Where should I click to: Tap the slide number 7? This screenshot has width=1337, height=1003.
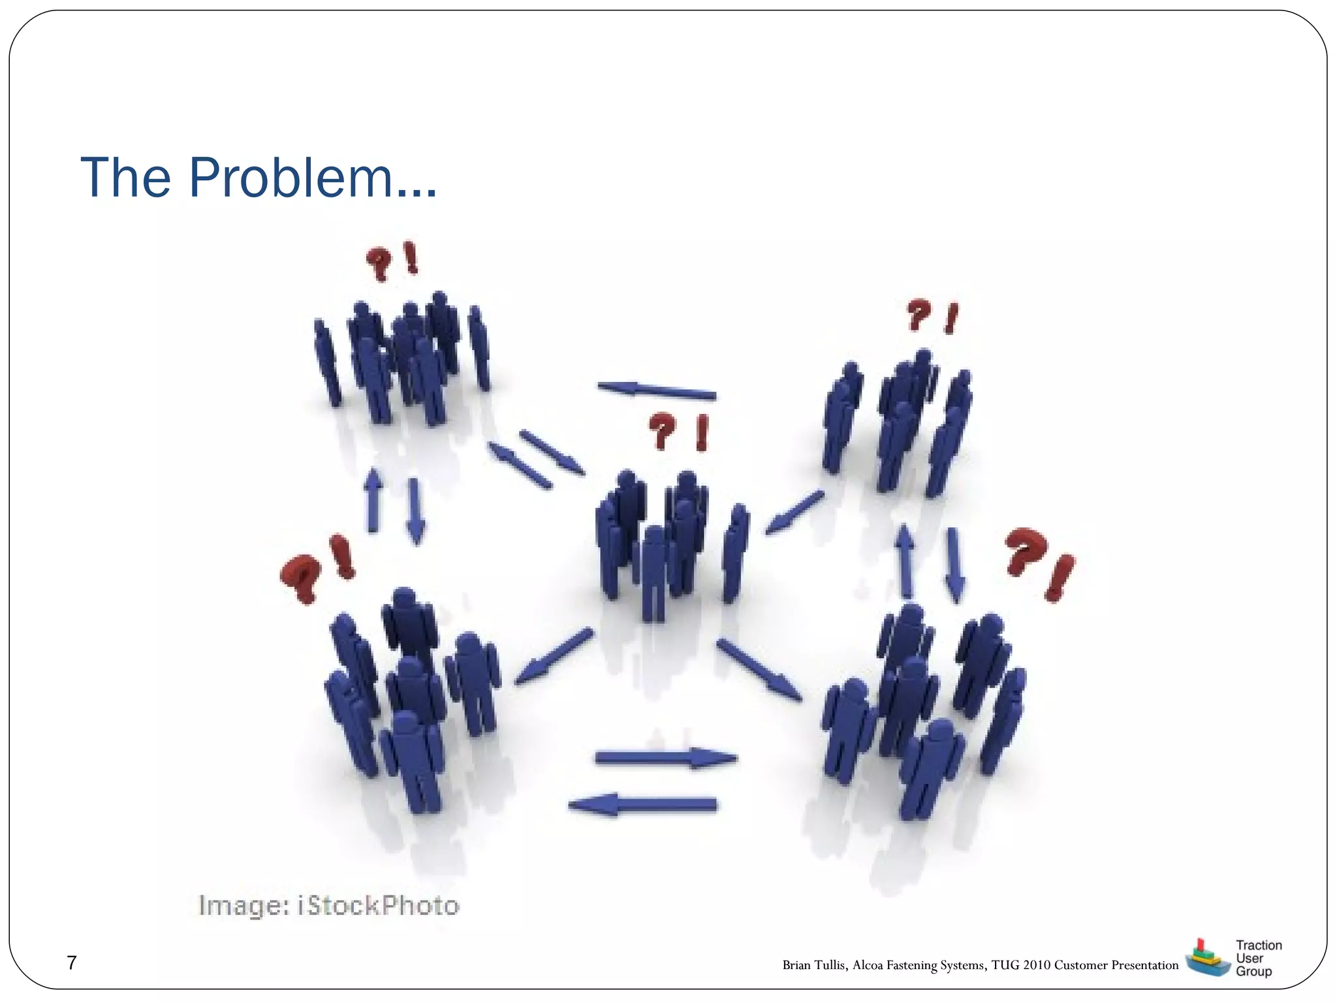click(x=72, y=963)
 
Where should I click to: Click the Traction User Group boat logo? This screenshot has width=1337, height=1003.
click(x=1206, y=958)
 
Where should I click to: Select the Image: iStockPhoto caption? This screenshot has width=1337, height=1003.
click(x=329, y=906)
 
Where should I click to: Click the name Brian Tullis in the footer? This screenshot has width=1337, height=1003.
click(x=815, y=965)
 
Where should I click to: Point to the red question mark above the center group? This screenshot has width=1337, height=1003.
click(x=662, y=430)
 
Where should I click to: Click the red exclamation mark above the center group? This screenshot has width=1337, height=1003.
click(x=702, y=433)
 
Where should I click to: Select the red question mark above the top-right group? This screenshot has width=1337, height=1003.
click(x=918, y=315)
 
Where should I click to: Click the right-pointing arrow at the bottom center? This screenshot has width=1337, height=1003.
click(x=666, y=758)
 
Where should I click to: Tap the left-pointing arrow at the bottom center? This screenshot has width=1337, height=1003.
click(x=643, y=804)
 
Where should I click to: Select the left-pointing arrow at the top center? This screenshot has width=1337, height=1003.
click(x=656, y=390)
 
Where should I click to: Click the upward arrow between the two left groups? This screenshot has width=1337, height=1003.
click(x=373, y=500)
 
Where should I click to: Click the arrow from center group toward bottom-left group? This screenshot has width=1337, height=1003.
click(x=554, y=656)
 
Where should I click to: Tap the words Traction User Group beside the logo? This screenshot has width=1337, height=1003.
click(x=1258, y=958)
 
